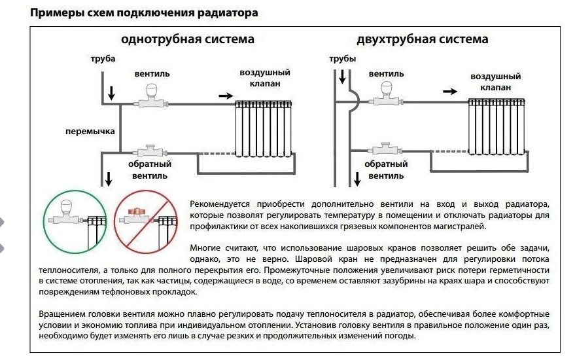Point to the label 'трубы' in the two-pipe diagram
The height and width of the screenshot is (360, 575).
point(342,60)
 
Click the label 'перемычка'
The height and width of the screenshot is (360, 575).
point(90,131)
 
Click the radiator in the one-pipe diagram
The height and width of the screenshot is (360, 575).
point(263,128)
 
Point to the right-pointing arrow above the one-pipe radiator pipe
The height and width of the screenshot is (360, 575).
point(224,96)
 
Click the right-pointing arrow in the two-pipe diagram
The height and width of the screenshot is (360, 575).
point(449,92)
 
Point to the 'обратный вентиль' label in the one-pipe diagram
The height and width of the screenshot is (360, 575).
point(149,170)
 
